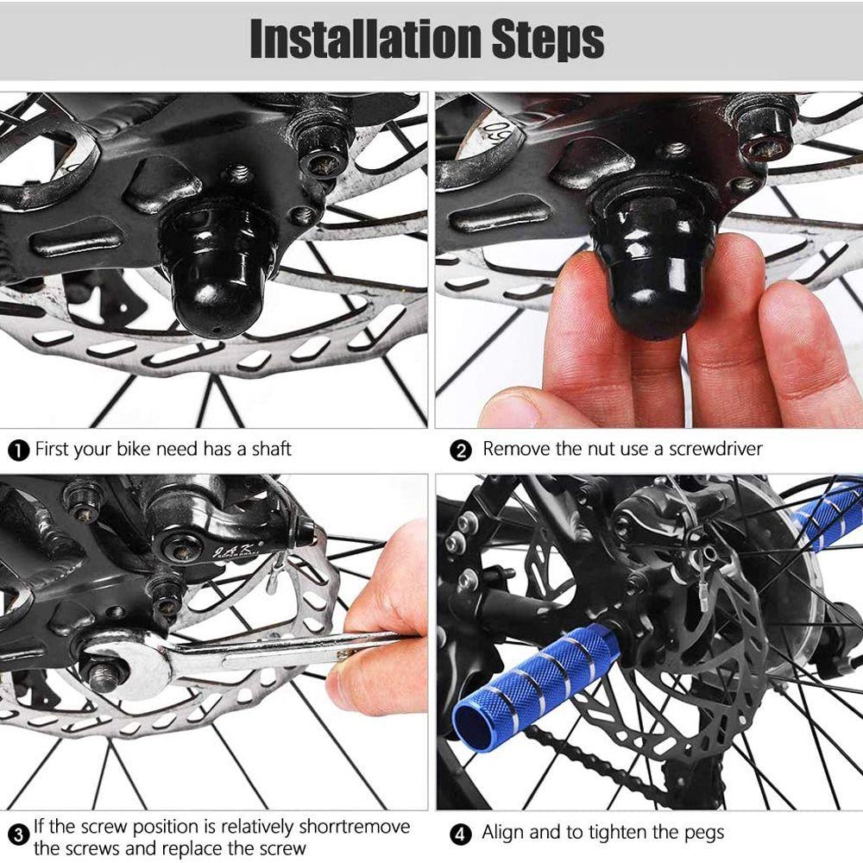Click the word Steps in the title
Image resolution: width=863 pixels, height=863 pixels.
548,40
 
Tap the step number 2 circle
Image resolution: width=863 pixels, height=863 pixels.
461,450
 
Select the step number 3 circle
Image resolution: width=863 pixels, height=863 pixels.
19,835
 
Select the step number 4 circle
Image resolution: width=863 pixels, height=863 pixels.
461,835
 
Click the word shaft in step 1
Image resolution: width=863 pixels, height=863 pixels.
271,449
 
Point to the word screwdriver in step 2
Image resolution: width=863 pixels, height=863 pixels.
715,449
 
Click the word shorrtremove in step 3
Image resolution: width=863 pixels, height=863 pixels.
355,827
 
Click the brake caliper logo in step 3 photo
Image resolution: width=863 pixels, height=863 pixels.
233,551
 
